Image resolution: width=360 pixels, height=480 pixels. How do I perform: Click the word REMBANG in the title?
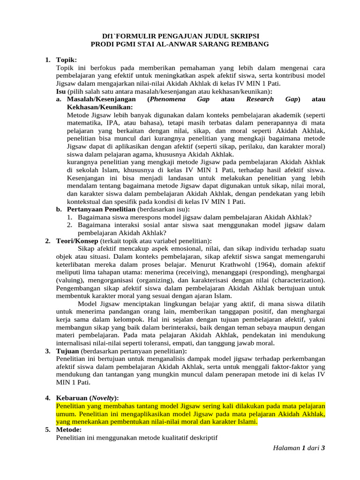click(x=249, y=44)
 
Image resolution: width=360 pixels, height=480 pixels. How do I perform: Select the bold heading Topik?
click(x=66, y=60)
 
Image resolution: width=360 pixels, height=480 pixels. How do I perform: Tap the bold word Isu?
click(x=61, y=91)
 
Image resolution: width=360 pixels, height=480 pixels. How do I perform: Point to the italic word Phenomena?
click(x=170, y=99)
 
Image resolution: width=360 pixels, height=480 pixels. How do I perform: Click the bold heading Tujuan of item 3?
click(x=67, y=352)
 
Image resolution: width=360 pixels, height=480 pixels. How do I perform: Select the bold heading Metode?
click(x=68, y=430)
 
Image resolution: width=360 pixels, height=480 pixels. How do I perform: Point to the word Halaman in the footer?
click(x=286, y=448)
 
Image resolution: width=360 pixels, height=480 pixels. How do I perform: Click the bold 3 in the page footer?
click(x=323, y=448)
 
